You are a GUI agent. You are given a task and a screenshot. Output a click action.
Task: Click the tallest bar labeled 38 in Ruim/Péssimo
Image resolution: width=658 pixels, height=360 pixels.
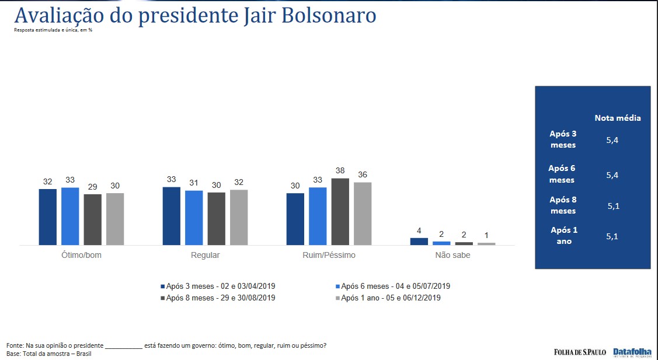340,211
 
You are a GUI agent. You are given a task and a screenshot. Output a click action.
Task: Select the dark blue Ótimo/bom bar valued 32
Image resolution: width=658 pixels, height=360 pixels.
48,216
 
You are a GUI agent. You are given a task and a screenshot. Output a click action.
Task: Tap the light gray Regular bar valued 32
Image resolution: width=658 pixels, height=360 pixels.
239,217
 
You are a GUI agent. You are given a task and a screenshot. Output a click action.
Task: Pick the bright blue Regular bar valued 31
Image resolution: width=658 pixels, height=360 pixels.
194,217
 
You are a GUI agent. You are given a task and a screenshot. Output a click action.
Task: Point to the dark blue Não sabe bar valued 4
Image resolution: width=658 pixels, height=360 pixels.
419,241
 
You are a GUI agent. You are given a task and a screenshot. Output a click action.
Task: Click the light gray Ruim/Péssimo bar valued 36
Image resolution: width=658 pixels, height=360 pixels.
363,213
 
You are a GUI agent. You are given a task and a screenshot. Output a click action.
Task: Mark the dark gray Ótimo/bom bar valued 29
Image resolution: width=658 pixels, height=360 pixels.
92,219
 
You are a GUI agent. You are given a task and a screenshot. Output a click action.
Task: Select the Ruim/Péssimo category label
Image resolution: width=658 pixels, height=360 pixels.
329,255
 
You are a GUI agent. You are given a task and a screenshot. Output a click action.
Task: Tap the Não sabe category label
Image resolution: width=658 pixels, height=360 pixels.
452,255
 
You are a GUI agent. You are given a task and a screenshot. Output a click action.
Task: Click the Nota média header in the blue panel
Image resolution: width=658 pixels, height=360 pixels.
618,118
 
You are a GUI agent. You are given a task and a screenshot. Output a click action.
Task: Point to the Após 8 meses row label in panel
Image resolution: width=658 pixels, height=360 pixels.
563,205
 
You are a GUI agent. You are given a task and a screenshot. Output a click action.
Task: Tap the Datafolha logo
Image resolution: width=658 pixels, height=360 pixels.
632,352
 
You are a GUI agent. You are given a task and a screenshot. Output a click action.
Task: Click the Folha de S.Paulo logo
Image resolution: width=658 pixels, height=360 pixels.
580,352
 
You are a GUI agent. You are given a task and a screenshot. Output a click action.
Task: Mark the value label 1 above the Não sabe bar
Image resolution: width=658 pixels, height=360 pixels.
486,235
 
